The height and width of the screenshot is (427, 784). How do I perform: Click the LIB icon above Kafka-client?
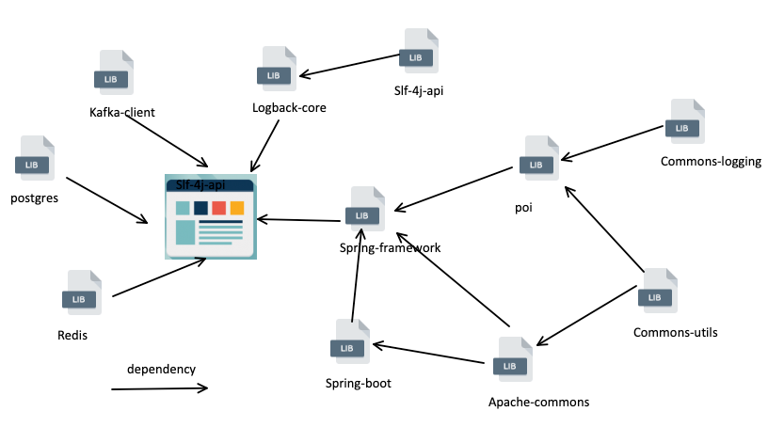click(x=113, y=72)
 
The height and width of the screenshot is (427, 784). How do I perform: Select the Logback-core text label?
click(x=289, y=108)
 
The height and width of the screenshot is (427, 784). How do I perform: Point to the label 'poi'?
click(x=524, y=208)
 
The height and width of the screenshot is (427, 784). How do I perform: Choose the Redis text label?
click(x=72, y=336)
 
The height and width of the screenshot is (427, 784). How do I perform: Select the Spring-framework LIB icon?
click(x=364, y=210)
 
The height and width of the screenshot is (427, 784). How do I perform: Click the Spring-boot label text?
click(x=358, y=384)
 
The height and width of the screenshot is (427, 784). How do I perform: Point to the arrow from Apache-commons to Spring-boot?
click(x=428, y=352)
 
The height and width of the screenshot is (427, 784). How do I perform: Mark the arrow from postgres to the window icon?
click(x=106, y=199)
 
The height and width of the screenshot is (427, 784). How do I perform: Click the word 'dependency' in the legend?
click(x=161, y=369)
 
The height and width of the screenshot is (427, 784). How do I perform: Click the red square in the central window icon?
click(x=218, y=208)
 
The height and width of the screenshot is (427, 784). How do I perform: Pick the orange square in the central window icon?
click(x=237, y=208)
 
